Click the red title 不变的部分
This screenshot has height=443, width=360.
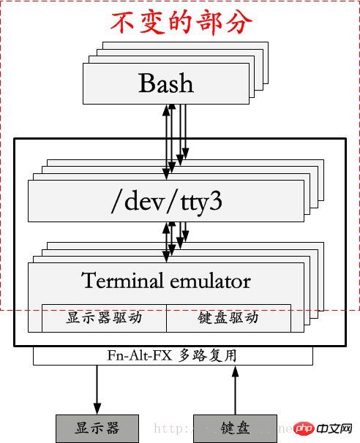(x=181, y=22)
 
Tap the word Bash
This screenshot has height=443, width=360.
(x=166, y=83)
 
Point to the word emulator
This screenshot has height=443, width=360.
(x=210, y=281)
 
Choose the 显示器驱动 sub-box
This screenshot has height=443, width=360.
(x=104, y=318)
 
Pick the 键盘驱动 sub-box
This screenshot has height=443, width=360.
(x=228, y=318)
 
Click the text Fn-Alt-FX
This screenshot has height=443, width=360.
(x=138, y=356)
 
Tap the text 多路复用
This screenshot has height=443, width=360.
(x=207, y=356)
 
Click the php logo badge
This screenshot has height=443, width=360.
(x=306, y=428)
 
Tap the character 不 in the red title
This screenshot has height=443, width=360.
(x=124, y=22)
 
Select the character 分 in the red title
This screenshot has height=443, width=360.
(x=239, y=22)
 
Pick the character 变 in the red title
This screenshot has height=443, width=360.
(x=152, y=22)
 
